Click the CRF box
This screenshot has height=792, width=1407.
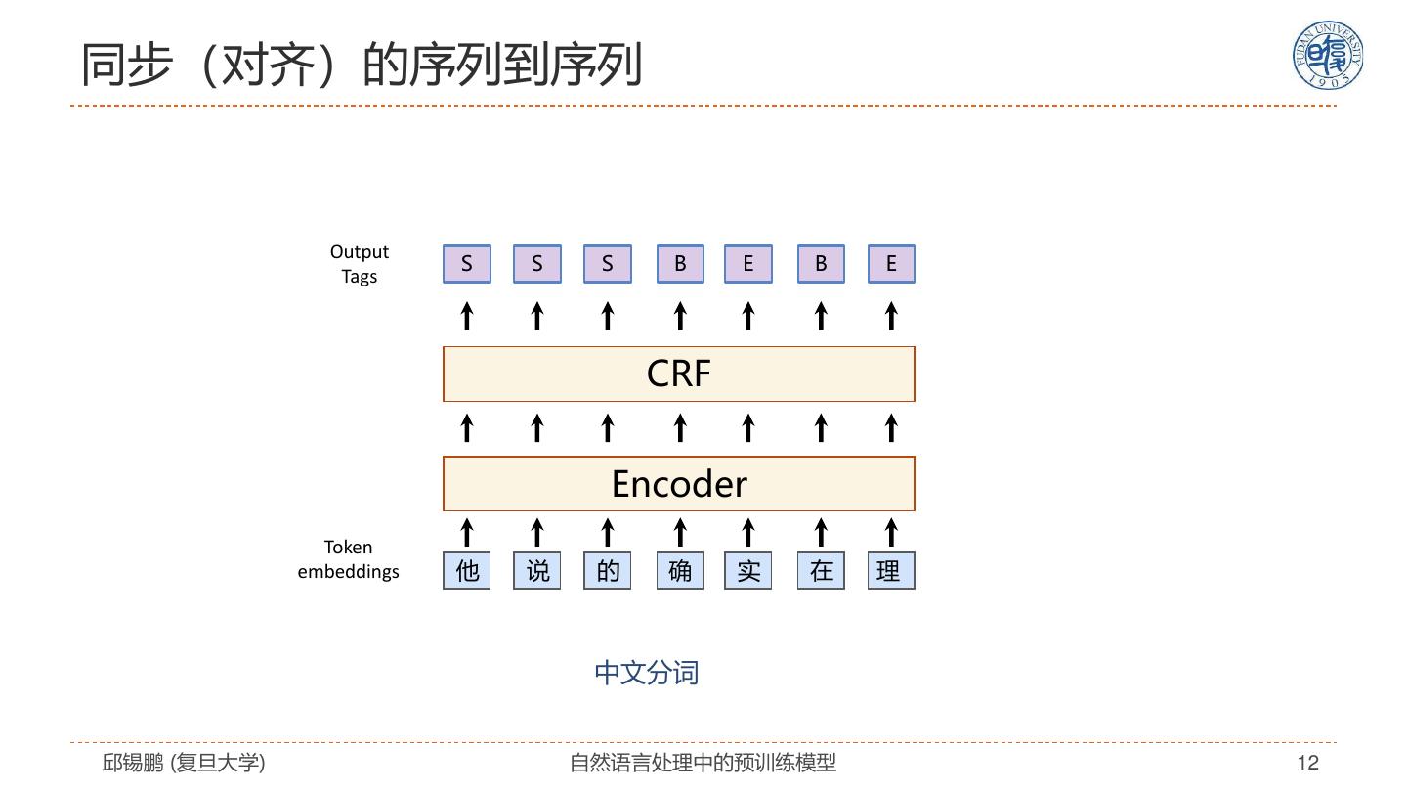coord(679,374)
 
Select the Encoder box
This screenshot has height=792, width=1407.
coord(679,483)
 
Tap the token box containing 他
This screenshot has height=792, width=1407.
coord(467,571)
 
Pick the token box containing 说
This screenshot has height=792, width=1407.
coord(537,571)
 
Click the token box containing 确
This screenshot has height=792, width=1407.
coord(680,571)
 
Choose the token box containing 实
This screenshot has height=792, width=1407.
coord(748,571)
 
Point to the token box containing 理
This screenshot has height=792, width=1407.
coord(891,571)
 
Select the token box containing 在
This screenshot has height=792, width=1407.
coord(821,571)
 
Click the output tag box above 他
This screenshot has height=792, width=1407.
coord(467,264)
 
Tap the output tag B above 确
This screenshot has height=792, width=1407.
coord(680,264)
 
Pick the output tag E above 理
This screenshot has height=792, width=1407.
coord(891,264)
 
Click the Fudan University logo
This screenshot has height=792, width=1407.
coord(1328,55)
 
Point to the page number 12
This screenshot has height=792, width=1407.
coord(1307,763)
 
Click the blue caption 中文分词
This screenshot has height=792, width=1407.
coord(647,673)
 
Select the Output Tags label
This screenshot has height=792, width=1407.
coord(360,264)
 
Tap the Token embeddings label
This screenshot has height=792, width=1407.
coord(348,559)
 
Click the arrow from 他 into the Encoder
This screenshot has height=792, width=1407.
coord(467,532)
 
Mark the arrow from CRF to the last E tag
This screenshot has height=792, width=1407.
coord(891,316)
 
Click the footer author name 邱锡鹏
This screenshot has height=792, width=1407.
coord(133,763)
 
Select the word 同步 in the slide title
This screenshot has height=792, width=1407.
coord(127,65)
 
